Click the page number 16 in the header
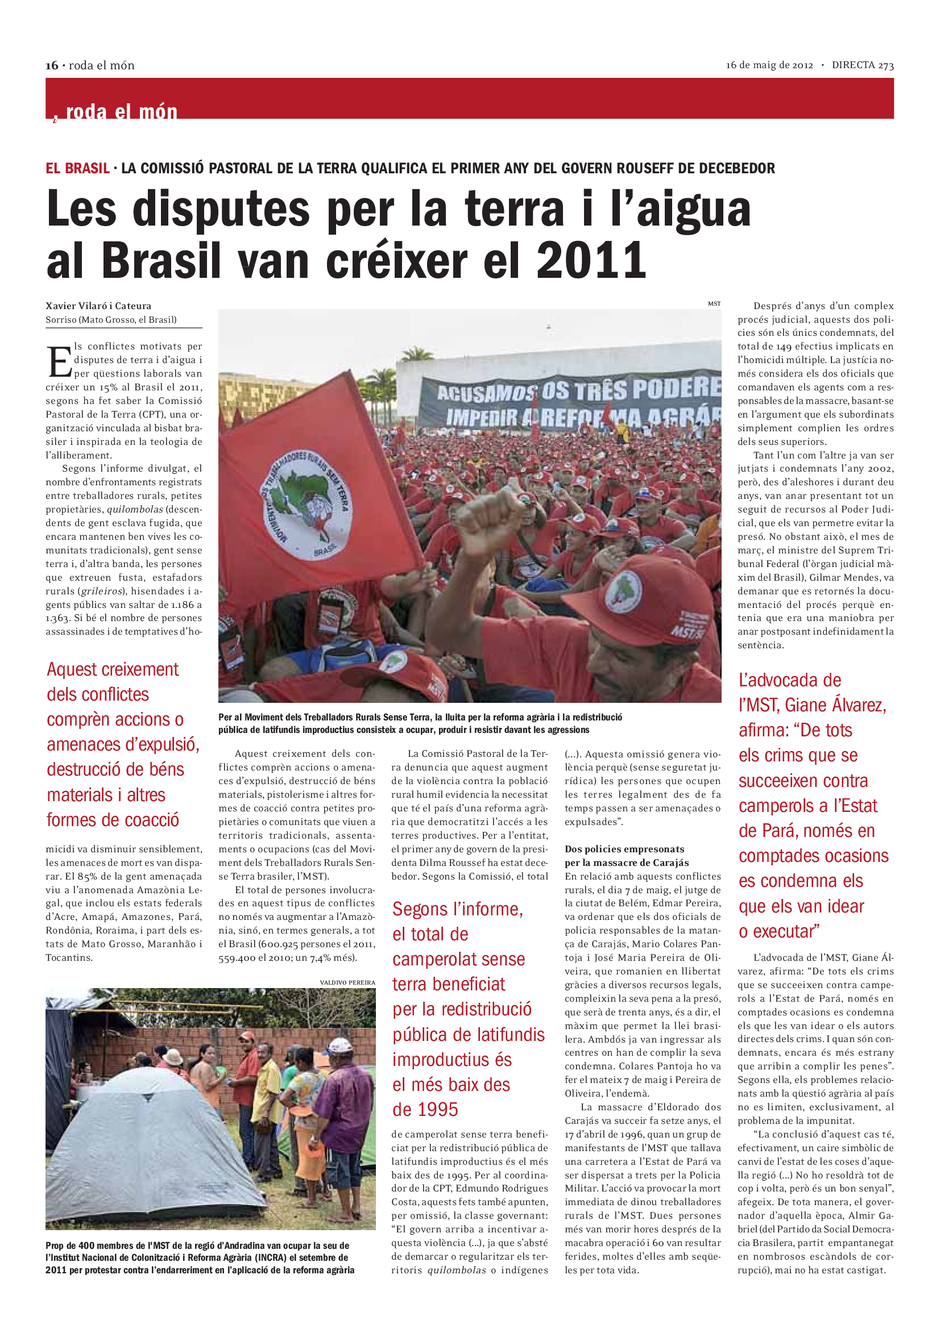click(x=52, y=65)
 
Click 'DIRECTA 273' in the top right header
click(x=863, y=65)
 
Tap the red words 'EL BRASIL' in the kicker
click(x=77, y=168)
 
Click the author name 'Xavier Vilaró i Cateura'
click(x=98, y=306)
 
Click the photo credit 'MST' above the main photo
click(x=714, y=303)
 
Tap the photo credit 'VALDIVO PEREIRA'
click(x=347, y=982)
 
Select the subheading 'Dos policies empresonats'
click(x=624, y=849)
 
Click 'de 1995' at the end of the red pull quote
click(x=425, y=1110)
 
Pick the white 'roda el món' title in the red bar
click(x=121, y=111)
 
